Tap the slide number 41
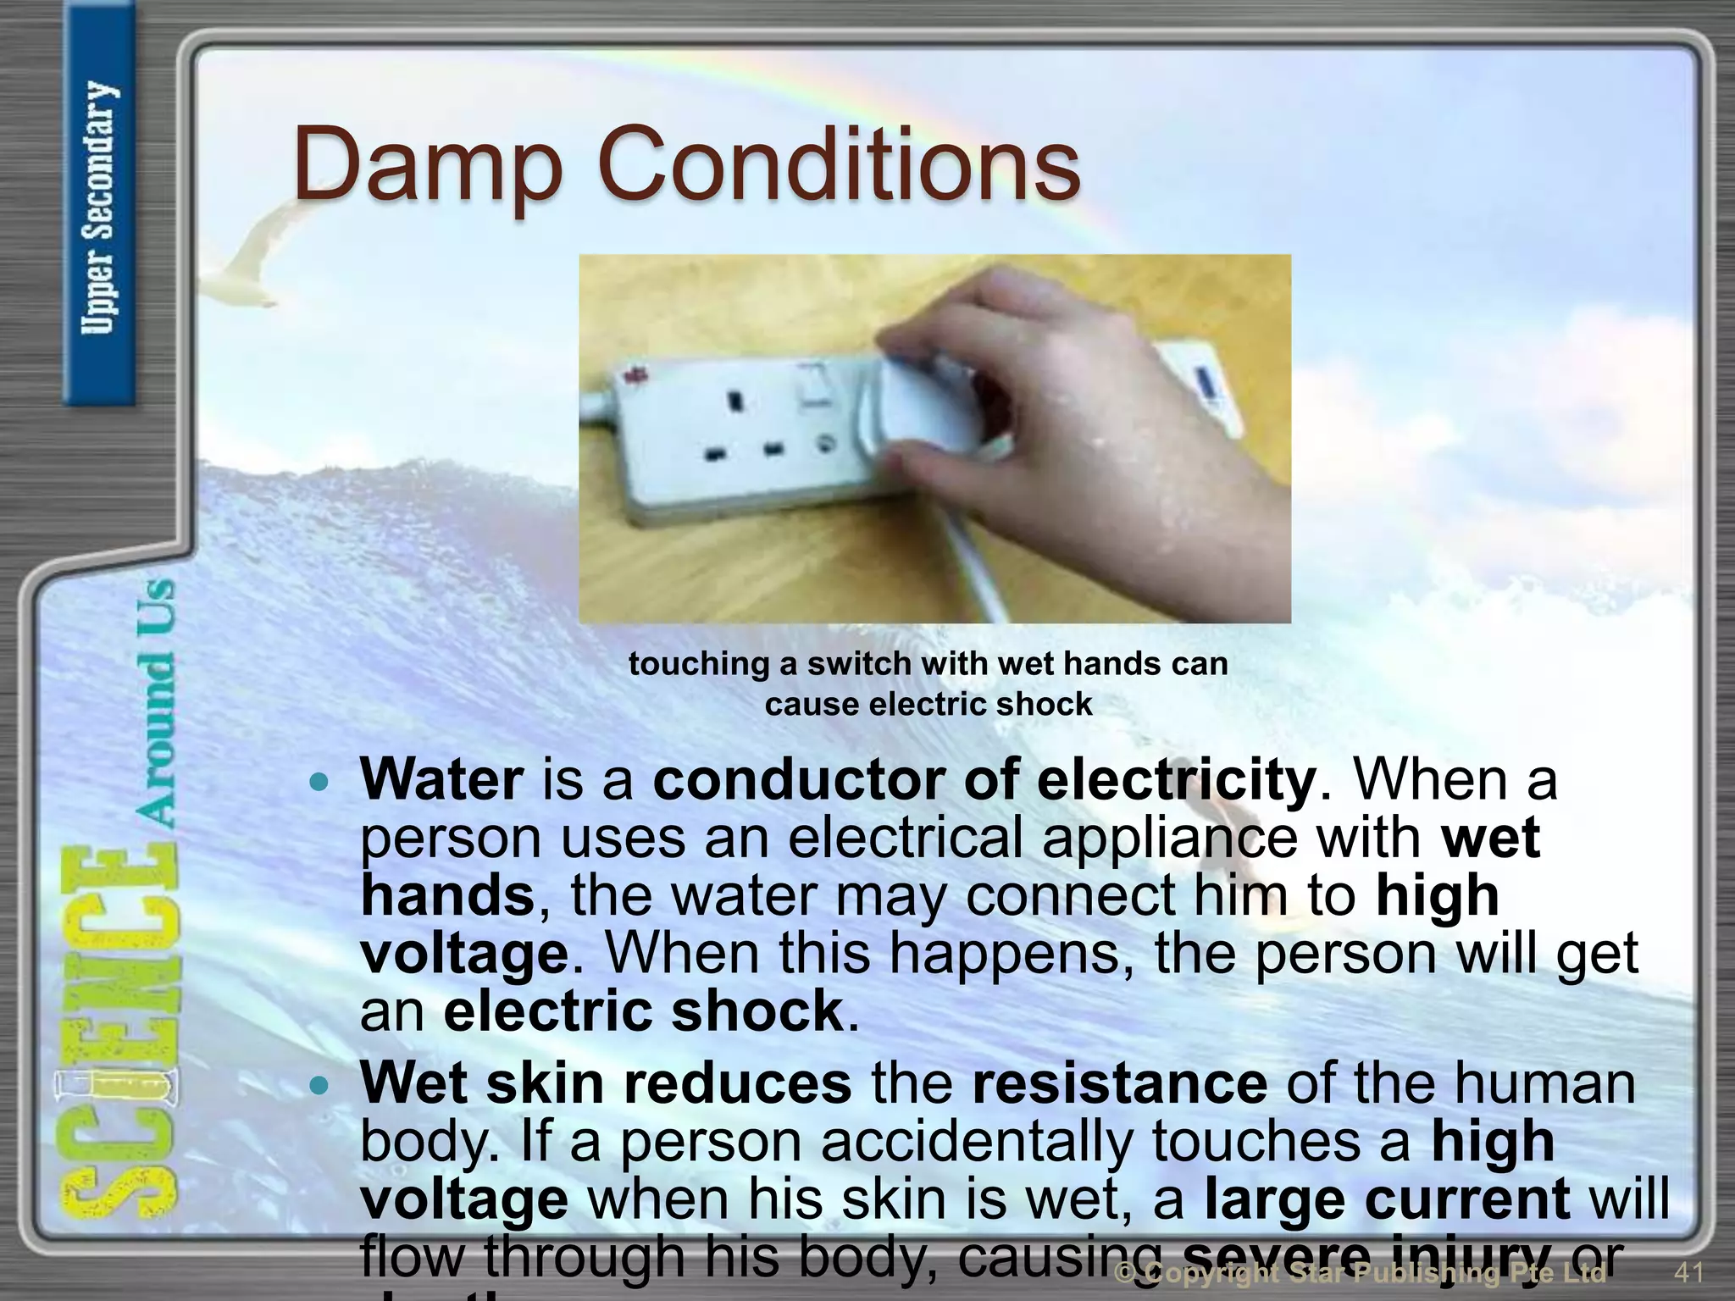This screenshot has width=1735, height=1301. click(x=1689, y=1271)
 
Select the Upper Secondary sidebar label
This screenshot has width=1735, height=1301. click(x=99, y=208)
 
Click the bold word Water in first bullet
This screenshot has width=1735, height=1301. click(x=441, y=779)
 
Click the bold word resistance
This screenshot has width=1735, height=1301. click(x=1119, y=1083)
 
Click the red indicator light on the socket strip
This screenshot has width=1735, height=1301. click(x=632, y=373)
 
